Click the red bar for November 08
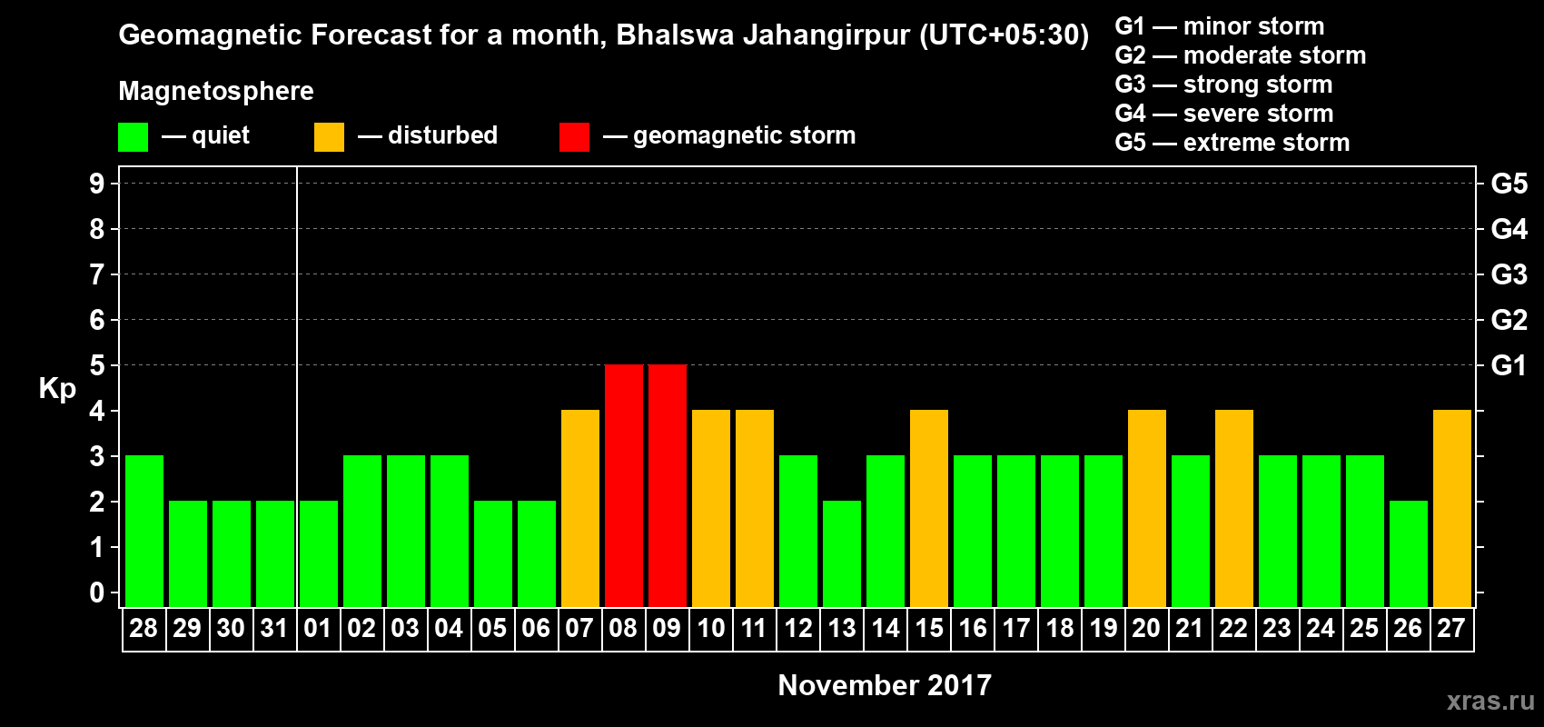pyautogui.click(x=624, y=485)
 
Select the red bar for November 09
pyautogui.click(x=668, y=485)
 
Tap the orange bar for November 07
pyautogui.click(x=580, y=508)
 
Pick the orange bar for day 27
pyautogui.click(x=1452, y=508)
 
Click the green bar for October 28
pyautogui.click(x=144, y=531)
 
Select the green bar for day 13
pyautogui.click(x=842, y=553)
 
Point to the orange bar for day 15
pyautogui.click(x=929, y=508)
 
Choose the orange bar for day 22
pyautogui.click(x=1234, y=508)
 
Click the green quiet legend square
pyautogui.click(x=134, y=137)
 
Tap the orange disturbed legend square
pyautogui.click(x=330, y=137)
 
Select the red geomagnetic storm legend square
pyautogui.click(x=574, y=137)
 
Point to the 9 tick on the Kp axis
pyautogui.click(x=97, y=184)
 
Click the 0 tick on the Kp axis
pyautogui.click(x=97, y=593)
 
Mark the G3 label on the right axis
pyautogui.click(x=1509, y=274)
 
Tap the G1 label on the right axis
pyautogui.click(x=1509, y=365)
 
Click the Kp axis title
pyautogui.click(x=57, y=389)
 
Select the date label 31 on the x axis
pyautogui.click(x=274, y=629)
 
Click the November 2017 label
pyautogui.click(x=885, y=685)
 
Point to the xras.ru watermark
pyautogui.click(x=1490, y=701)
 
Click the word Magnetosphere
pyautogui.click(x=216, y=91)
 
